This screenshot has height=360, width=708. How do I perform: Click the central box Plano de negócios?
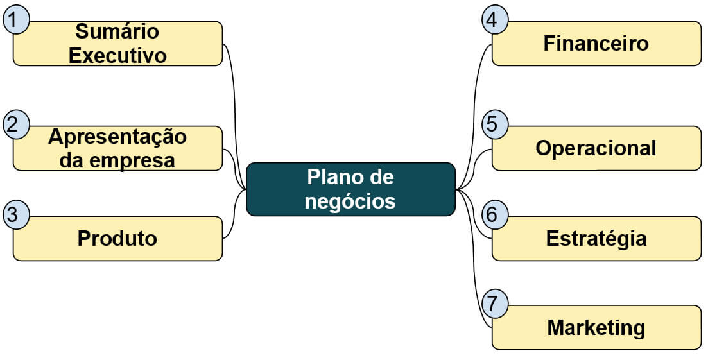pyautogui.click(x=350, y=189)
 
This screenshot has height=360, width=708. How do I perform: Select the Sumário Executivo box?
pyautogui.click(x=117, y=44)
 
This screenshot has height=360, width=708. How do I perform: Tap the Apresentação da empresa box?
pyautogui.click(x=117, y=148)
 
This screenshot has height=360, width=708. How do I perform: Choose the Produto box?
pyautogui.click(x=117, y=238)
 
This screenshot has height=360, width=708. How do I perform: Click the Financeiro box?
pyautogui.click(x=596, y=44)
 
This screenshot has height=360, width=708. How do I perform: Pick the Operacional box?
pyautogui.click(x=596, y=148)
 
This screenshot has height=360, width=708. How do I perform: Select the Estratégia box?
pyautogui.click(x=596, y=238)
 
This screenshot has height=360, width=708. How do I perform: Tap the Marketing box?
pyautogui.click(x=596, y=327)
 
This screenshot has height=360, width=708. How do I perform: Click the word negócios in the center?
pyautogui.click(x=350, y=201)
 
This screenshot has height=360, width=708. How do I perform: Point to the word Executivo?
pyautogui.click(x=117, y=56)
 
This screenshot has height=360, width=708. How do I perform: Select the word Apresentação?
pyautogui.click(x=117, y=137)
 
